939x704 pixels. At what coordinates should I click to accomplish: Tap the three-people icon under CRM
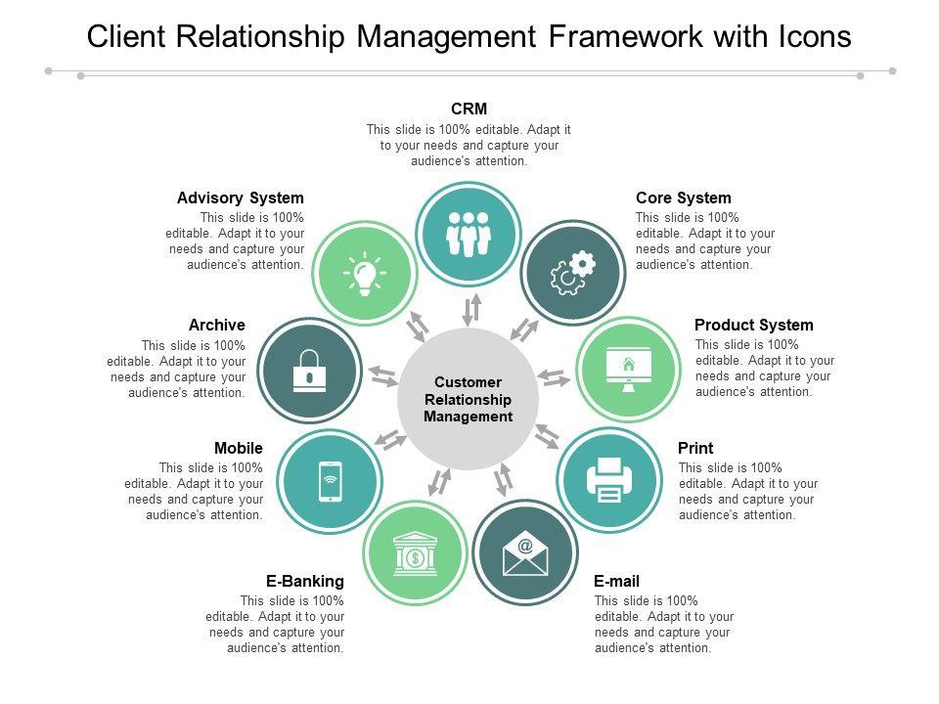point(468,235)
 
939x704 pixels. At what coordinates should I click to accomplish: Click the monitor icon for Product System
point(628,370)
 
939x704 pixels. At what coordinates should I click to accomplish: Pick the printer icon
point(608,480)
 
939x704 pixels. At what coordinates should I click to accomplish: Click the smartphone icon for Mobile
point(330,481)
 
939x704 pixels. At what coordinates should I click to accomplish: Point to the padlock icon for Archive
point(310,370)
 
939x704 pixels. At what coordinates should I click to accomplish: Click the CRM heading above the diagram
point(469,109)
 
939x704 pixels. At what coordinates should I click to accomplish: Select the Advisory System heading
point(241,198)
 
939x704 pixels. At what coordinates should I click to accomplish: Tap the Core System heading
point(684,198)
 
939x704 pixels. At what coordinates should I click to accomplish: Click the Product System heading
point(754,325)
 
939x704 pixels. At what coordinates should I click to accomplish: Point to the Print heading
point(695,448)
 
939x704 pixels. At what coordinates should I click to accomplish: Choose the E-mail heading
point(617,581)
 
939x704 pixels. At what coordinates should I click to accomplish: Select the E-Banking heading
point(305,581)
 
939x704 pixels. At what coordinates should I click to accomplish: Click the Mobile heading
point(239,448)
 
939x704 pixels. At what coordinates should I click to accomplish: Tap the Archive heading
point(216,325)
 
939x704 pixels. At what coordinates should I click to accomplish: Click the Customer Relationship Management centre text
point(468,399)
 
